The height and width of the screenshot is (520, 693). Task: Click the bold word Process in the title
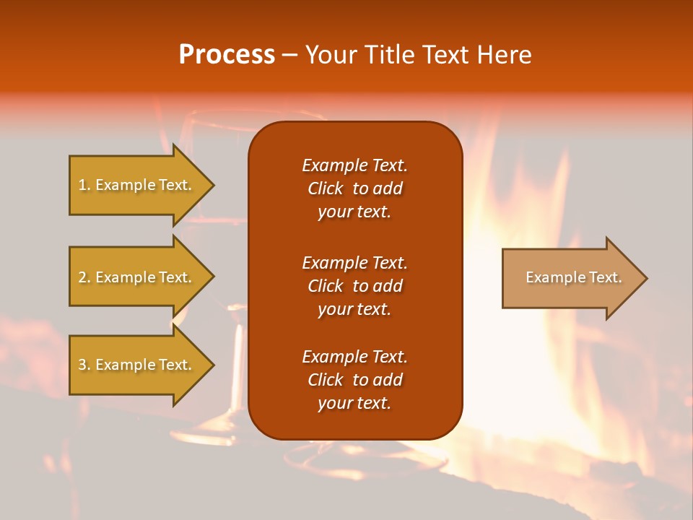[x=227, y=55]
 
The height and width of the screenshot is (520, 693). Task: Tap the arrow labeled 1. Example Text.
[x=137, y=185]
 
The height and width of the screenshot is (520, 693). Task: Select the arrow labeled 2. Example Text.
[x=137, y=277]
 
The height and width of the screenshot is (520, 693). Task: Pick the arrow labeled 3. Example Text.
[x=137, y=365]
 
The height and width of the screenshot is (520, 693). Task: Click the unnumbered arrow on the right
[x=570, y=277]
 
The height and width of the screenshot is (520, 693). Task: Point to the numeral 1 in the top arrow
[x=82, y=185]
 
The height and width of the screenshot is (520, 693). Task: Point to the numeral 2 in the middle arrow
[x=82, y=277]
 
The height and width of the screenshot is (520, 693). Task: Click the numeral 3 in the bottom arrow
[x=82, y=365]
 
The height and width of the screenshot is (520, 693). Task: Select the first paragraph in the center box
[x=354, y=188]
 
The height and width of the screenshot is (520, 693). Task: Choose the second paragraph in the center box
[x=354, y=286]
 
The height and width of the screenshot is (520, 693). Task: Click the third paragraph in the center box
[x=354, y=380]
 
